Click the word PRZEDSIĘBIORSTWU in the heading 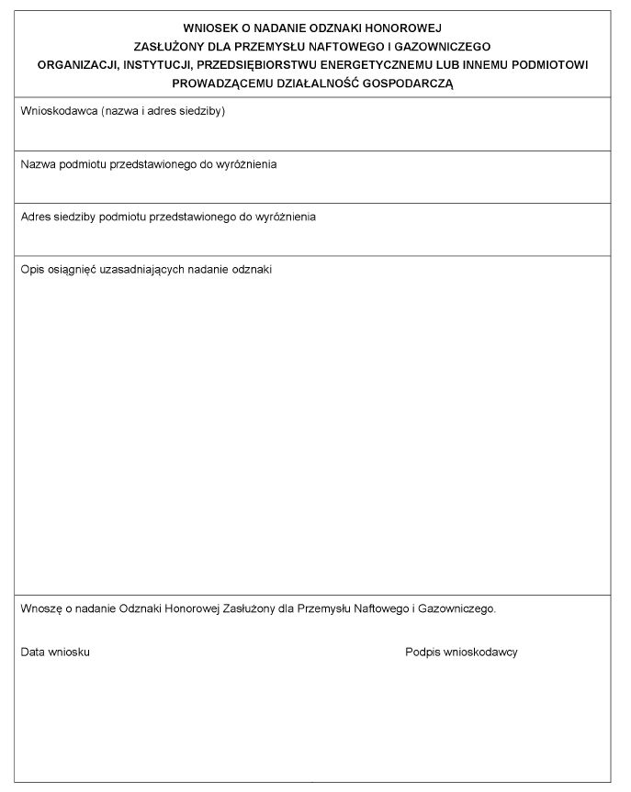(256, 65)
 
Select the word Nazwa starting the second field (37, 164)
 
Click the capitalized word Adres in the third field (36, 217)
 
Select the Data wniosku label (55, 652)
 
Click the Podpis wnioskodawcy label (461, 652)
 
